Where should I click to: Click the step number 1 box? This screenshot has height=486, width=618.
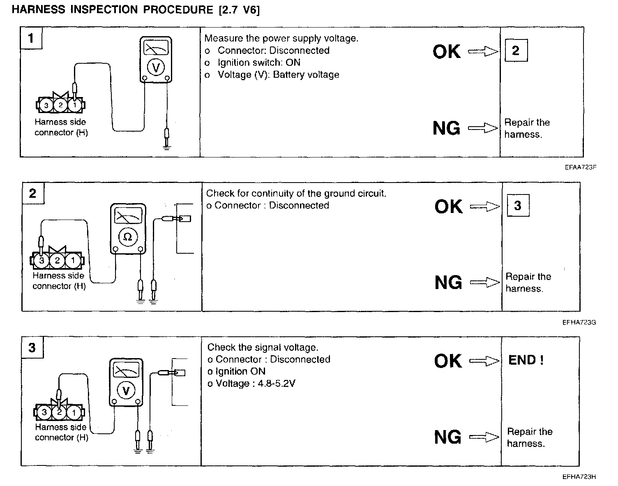pos(31,38)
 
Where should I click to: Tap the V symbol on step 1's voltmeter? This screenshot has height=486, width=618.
pos(155,67)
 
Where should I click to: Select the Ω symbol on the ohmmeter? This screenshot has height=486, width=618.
pos(128,237)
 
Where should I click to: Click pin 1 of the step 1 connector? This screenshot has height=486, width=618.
pos(74,105)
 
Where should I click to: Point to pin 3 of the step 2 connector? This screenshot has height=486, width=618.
pos(41,260)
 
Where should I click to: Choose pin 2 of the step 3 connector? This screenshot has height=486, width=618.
pos(59,412)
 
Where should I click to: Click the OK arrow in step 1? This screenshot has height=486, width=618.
pos(483,51)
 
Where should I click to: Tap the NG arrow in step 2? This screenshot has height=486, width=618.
pos(485,282)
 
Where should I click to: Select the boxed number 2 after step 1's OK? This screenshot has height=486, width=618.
pos(516,51)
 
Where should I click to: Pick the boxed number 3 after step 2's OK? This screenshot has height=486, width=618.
pos(517,206)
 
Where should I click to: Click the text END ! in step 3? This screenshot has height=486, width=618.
pos(526,360)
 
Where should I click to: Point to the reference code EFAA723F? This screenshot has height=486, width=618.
pos(580,167)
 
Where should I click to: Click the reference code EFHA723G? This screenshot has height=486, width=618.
pos(579,323)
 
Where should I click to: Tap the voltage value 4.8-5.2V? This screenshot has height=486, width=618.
pos(277,384)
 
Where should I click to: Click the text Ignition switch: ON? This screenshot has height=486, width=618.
pos(259,62)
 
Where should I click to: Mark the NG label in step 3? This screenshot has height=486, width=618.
pos(448,437)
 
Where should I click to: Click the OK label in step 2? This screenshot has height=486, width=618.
pos(449,206)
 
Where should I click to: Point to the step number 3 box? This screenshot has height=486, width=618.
pos(32,348)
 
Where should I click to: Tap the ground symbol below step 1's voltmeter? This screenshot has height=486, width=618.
pos(166,146)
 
